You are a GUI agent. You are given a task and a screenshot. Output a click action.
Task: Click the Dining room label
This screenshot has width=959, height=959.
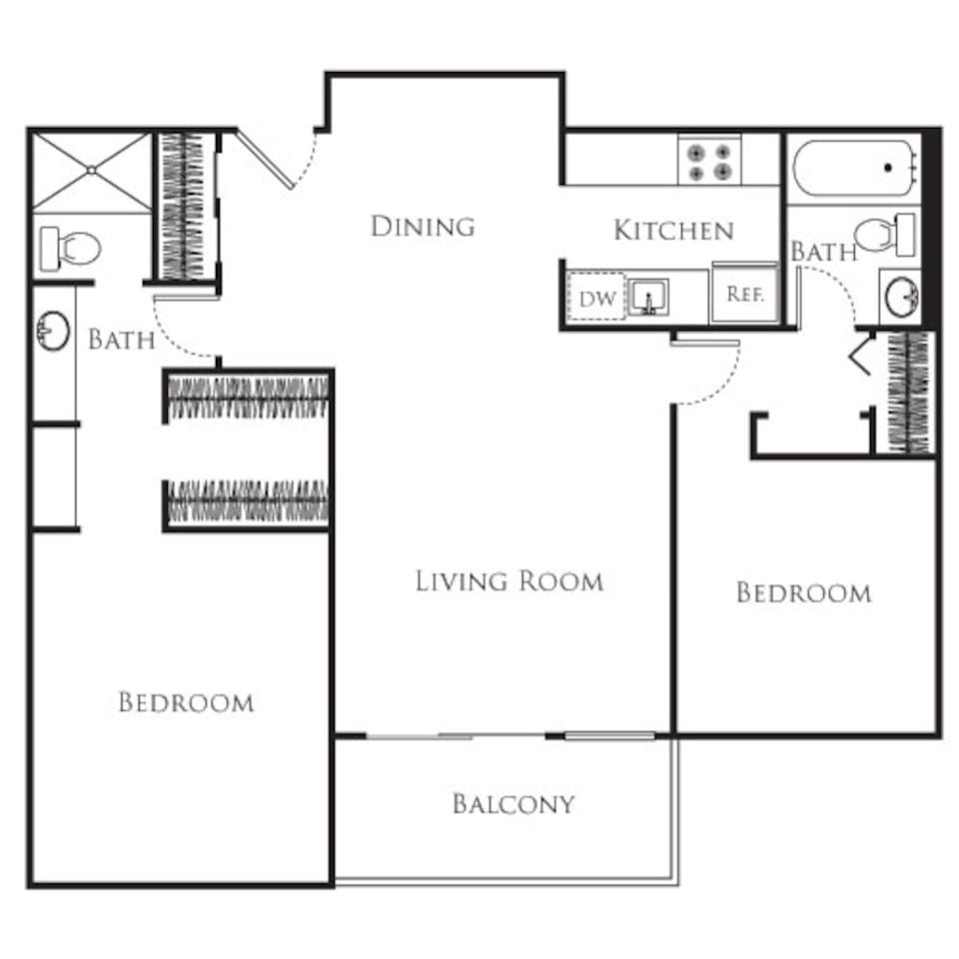pyautogui.click(x=422, y=227)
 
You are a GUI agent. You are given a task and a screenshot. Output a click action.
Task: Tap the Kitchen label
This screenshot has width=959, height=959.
pyautogui.click(x=673, y=231)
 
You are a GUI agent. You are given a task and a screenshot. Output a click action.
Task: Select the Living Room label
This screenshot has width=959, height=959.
pyautogui.click(x=508, y=580)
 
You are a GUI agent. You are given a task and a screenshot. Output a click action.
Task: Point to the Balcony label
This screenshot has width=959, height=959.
pyautogui.click(x=513, y=804)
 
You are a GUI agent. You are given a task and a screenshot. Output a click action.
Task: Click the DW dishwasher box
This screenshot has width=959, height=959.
pyautogui.click(x=595, y=297)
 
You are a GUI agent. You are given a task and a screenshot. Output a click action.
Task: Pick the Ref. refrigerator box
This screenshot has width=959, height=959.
pyautogui.click(x=744, y=295)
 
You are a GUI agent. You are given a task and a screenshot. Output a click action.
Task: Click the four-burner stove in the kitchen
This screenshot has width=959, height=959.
pyautogui.click(x=708, y=162)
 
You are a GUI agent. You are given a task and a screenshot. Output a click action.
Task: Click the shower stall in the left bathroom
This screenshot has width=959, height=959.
pyautogui.click(x=91, y=171)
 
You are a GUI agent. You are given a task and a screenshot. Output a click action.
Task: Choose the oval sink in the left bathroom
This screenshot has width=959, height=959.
pyautogui.click(x=53, y=330)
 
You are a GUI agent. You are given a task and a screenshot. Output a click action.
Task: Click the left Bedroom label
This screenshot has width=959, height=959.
pyautogui.click(x=186, y=702)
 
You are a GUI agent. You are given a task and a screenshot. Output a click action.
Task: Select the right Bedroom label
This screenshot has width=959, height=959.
pyautogui.click(x=803, y=593)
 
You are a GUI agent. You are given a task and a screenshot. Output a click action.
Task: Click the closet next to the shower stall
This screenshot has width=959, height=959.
pyautogui.click(x=183, y=206)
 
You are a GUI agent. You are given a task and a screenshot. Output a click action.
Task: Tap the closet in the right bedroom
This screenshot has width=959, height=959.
pyautogui.click(x=907, y=392)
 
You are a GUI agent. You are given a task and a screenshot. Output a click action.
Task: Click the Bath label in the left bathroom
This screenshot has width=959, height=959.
pyautogui.click(x=121, y=340)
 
